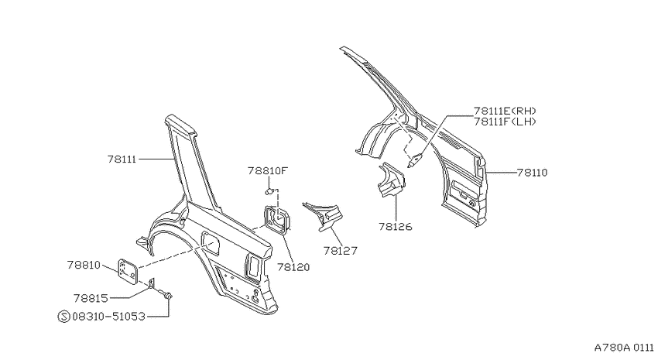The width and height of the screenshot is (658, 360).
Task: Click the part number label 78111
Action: tap(122, 159)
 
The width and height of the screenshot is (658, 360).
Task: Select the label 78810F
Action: tap(268, 171)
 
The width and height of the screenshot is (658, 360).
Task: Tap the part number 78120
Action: tap(293, 267)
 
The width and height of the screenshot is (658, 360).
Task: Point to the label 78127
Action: tap(341, 251)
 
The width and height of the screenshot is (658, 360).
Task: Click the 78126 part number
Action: tap(396, 227)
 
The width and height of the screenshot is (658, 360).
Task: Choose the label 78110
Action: tap(532, 173)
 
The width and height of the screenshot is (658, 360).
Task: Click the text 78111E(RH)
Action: tap(505, 111)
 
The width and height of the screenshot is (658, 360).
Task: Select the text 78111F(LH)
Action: tap(505, 122)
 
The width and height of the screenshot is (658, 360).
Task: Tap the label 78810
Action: tap(84, 266)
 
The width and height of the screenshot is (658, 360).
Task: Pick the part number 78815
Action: tap(91, 298)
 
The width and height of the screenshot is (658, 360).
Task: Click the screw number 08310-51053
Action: tap(108, 316)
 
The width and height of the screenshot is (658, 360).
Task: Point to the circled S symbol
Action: tap(63, 316)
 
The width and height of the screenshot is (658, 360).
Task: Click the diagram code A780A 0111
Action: tap(624, 348)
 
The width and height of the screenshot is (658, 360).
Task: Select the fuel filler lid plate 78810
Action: tap(128, 272)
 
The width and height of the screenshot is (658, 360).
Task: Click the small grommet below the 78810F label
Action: tap(270, 192)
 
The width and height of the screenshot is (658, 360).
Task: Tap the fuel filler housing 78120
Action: tap(277, 219)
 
